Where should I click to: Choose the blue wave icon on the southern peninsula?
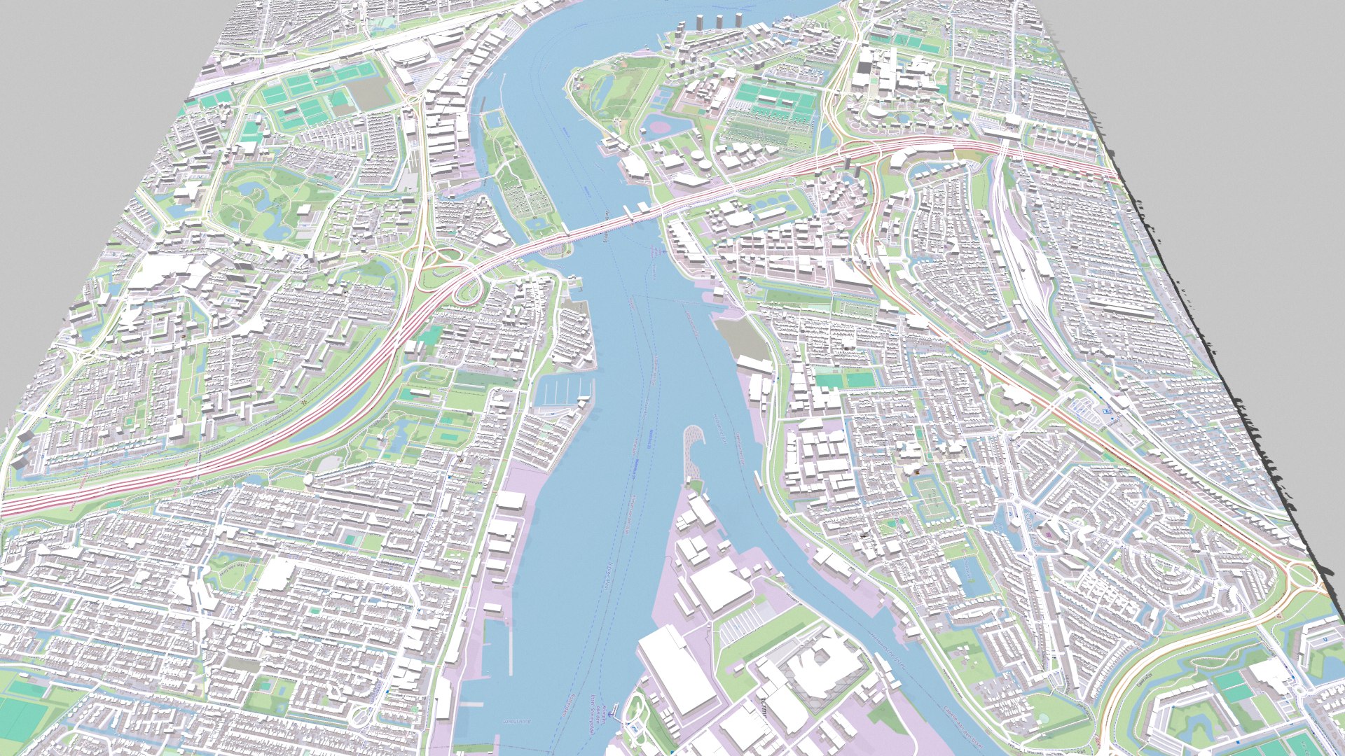pos(634,728)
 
